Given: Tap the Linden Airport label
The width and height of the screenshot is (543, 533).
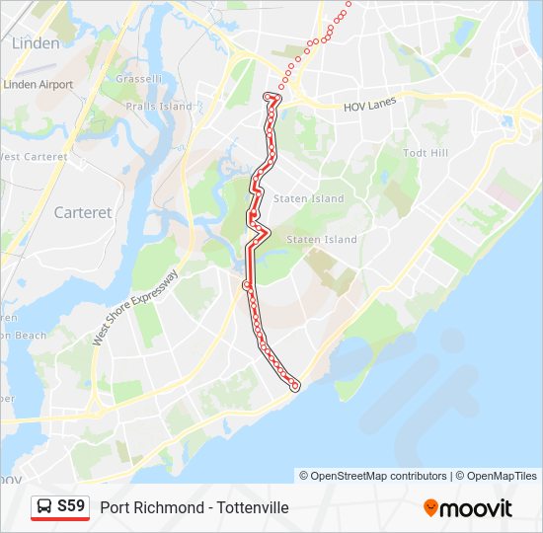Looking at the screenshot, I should [x=39, y=85].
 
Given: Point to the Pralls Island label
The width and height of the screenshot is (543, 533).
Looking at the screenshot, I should [x=159, y=106].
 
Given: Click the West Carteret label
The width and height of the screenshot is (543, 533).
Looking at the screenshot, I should [x=33, y=157].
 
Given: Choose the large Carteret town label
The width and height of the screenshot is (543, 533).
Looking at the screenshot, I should [x=83, y=212].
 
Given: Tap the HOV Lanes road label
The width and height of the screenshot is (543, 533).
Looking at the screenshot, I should [x=368, y=107].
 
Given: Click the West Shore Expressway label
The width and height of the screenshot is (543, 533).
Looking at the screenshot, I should [x=135, y=307].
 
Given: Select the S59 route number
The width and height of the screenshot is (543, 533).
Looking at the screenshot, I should [x=71, y=506].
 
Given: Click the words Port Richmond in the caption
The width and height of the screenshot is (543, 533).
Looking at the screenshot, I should [x=146, y=507].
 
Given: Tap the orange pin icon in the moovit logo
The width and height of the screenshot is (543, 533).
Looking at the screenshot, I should [x=430, y=508].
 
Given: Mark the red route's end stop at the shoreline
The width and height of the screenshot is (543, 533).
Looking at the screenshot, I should [x=294, y=386].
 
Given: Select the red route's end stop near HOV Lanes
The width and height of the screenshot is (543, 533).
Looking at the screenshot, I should [x=270, y=96].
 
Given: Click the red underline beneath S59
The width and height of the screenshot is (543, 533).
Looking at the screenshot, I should [x=60, y=519].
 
